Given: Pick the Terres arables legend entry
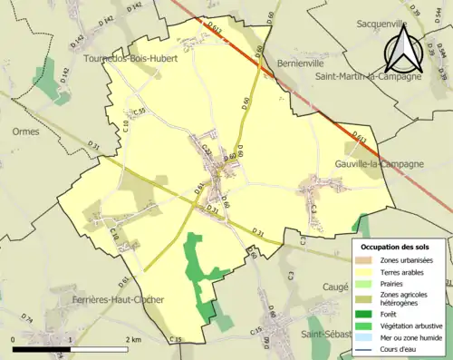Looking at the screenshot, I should coord(406,271).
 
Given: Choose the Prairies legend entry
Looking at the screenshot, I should coord(397,283).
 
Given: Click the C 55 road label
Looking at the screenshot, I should coord(139,112).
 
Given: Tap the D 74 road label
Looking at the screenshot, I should coord(27,320).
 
